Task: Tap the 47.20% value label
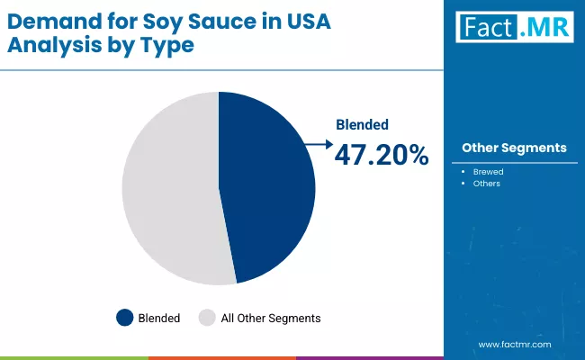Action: pos(382,155)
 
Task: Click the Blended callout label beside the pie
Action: pos(363,126)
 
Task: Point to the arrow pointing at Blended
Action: pos(316,142)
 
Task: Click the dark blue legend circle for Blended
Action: pos(125,317)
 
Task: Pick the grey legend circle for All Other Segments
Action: pos(207,317)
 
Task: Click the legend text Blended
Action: pos(160,318)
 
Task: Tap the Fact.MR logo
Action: pos(513,27)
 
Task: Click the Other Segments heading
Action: pos(514,148)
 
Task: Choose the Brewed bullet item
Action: pos(490,171)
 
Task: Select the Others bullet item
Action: pos(488,184)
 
